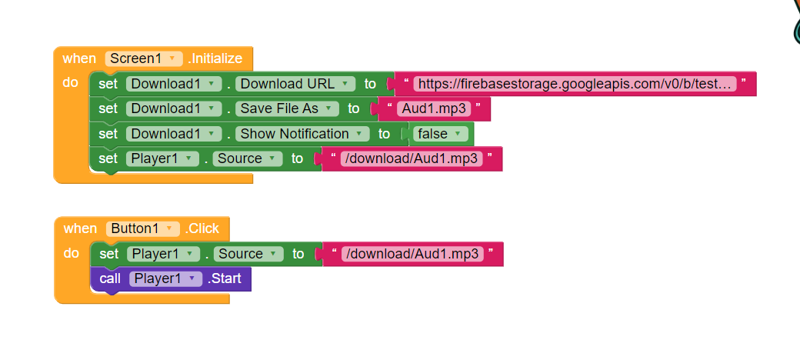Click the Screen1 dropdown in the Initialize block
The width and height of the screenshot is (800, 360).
coord(143,58)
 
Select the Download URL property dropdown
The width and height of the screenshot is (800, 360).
coord(295,84)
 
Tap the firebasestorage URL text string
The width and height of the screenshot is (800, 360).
coord(575,84)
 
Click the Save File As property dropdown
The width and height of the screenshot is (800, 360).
coord(287,108)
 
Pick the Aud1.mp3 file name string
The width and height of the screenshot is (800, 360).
coord(434,108)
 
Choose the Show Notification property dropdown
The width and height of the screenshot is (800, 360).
coord(302,134)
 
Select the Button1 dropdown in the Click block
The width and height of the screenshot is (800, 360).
coord(143,228)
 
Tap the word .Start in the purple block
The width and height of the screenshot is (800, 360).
coord(225,278)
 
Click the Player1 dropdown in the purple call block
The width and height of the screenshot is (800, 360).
coord(166,278)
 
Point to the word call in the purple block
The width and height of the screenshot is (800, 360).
coord(110,278)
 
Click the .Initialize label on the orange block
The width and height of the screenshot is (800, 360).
coord(215,58)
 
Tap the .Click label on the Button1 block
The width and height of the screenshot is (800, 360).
coord(202,228)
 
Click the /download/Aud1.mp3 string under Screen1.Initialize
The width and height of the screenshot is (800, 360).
coord(412,158)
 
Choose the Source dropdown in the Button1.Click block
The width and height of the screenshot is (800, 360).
coord(248,254)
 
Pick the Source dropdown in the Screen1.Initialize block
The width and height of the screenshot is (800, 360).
coord(248,158)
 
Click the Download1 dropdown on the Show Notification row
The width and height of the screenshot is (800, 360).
coord(174,134)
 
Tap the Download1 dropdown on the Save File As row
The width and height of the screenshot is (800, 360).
coord(174,108)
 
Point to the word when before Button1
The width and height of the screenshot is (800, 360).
coord(80,228)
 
